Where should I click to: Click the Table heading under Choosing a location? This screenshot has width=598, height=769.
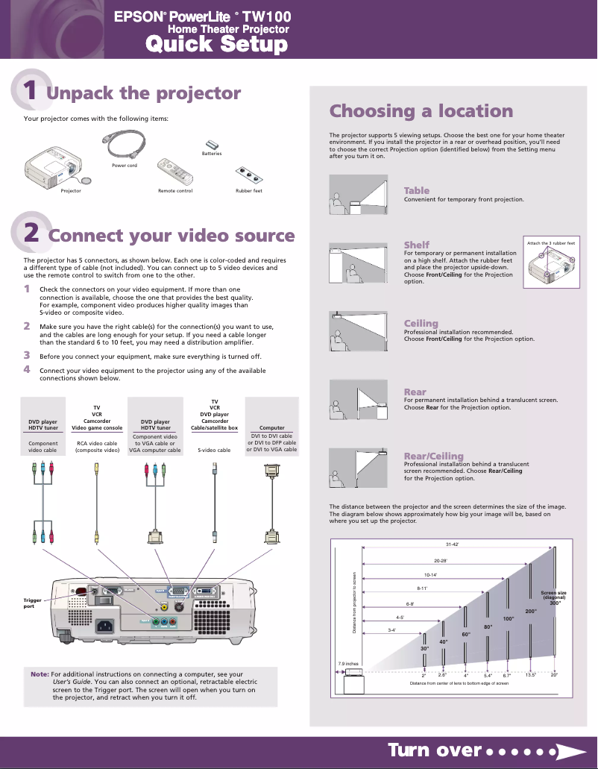pyautogui.click(x=416, y=190)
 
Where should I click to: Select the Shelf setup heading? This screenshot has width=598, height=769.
pyautogui.click(x=416, y=245)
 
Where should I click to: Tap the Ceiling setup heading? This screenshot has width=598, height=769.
pyautogui.click(x=421, y=323)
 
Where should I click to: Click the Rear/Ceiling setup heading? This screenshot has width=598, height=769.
pyautogui.click(x=433, y=456)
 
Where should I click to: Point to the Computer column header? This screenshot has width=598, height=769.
pyautogui.click(x=271, y=428)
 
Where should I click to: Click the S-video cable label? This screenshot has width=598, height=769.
pyautogui.click(x=214, y=450)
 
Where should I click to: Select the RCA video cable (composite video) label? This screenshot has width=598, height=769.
pyautogui.click(x=97, y=446)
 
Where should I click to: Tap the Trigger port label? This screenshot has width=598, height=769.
pyautogui.click(x=34, y=603)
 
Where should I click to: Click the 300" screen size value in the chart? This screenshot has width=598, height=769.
pyautogui.click(x=555, y=603)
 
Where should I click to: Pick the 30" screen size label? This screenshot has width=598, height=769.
pyautogui.click(x=424, y=649)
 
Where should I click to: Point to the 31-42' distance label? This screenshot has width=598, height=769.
pyautogui.click(x=452, y=543)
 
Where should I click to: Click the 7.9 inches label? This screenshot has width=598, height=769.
pyautogui.click(x=348, y=663)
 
